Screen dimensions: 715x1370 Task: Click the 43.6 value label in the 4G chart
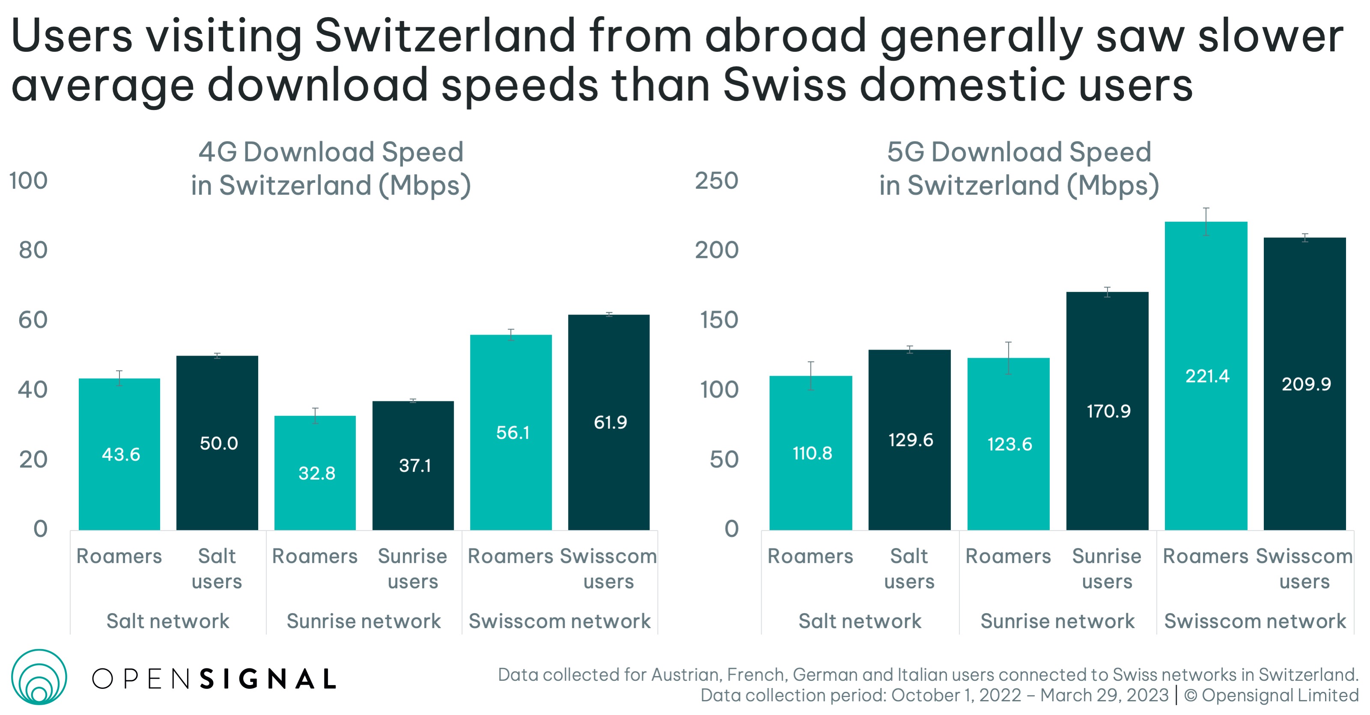pyautogui.click(x=121, y=454)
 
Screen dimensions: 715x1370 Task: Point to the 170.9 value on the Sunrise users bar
pyautogui.click(x=1108, y=411)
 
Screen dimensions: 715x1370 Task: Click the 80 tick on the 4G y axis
pyautogui.click(x=33, y=250)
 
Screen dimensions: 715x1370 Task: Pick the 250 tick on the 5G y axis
pyautogui.click(x=716, y=181)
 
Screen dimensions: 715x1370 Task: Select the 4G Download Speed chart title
pyautogui.click(x=331, y=169)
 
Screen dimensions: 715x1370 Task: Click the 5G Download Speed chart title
pyautogui.click(x=1019, y=169)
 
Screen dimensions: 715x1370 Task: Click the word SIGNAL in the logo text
pyautogui.click(x=268, y=679)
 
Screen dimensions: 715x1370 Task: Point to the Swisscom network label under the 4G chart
pyautogui.click(x=560, y=621)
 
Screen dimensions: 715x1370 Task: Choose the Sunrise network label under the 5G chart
pyautogui.click(x=1057, y=621)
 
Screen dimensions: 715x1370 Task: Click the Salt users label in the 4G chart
pyautogui.click(x=217, y=568)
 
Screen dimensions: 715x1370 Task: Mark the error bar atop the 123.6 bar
pyautogui.click(x=1008, y=358)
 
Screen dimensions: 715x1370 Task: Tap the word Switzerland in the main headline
pyautogui.click(x=445, y=36)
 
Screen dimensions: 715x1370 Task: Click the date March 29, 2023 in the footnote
pyautogui.click(x=1104, y=695)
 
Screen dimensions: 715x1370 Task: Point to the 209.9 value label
pyautogui.click(x=1306, y=384)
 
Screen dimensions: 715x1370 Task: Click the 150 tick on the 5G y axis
pyautogui.click(x=719, y=320)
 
